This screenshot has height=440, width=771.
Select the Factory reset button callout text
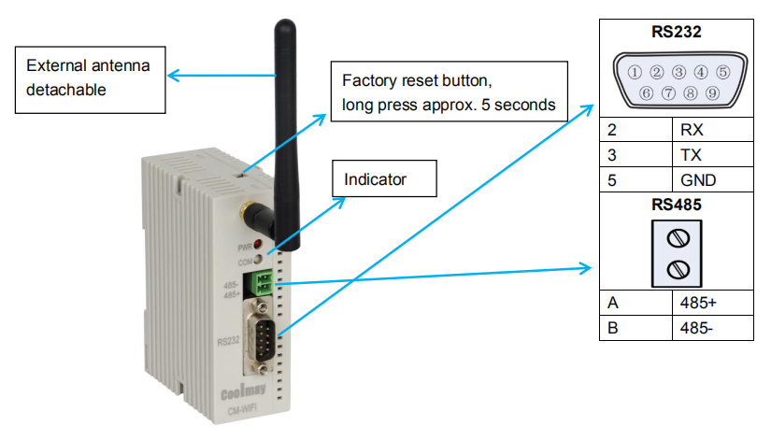pyautogui.click(x=449, y=92)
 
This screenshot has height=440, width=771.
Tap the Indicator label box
pyautogui.click(x=385, y=178)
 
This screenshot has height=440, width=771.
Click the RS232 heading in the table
pyautogui.click(x=677, y=31)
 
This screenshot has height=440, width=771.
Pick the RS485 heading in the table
pyautogui.click(x=677, y=202)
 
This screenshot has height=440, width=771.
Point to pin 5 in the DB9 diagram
pyautogui.click(x=722, y=72)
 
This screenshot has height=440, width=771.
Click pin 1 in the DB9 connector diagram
pyautogui.click(x=635, y=72)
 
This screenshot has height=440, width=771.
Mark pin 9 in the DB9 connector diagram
pyautogui.click(x=712, y=93)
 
